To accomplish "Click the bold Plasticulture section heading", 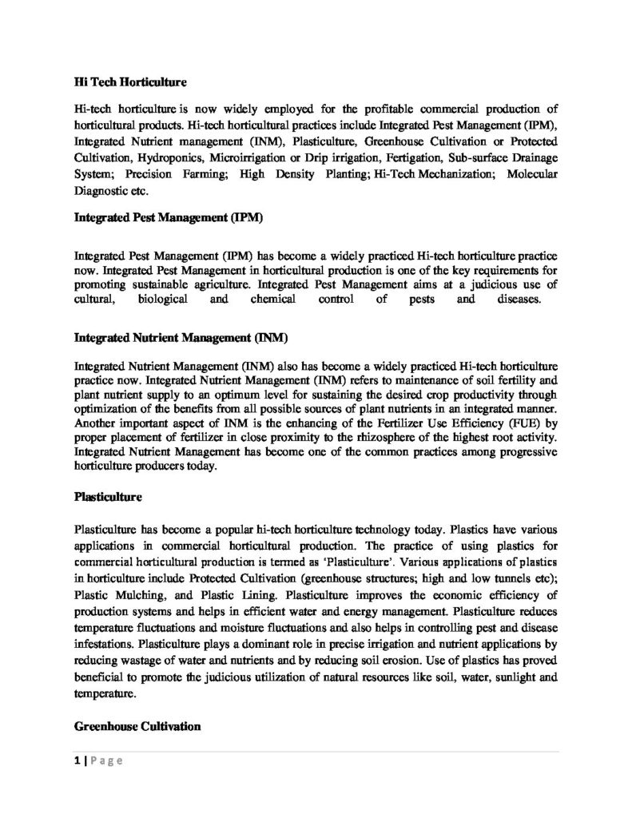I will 108,496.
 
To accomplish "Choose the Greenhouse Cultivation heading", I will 137,727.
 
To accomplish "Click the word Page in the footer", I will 105,761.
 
